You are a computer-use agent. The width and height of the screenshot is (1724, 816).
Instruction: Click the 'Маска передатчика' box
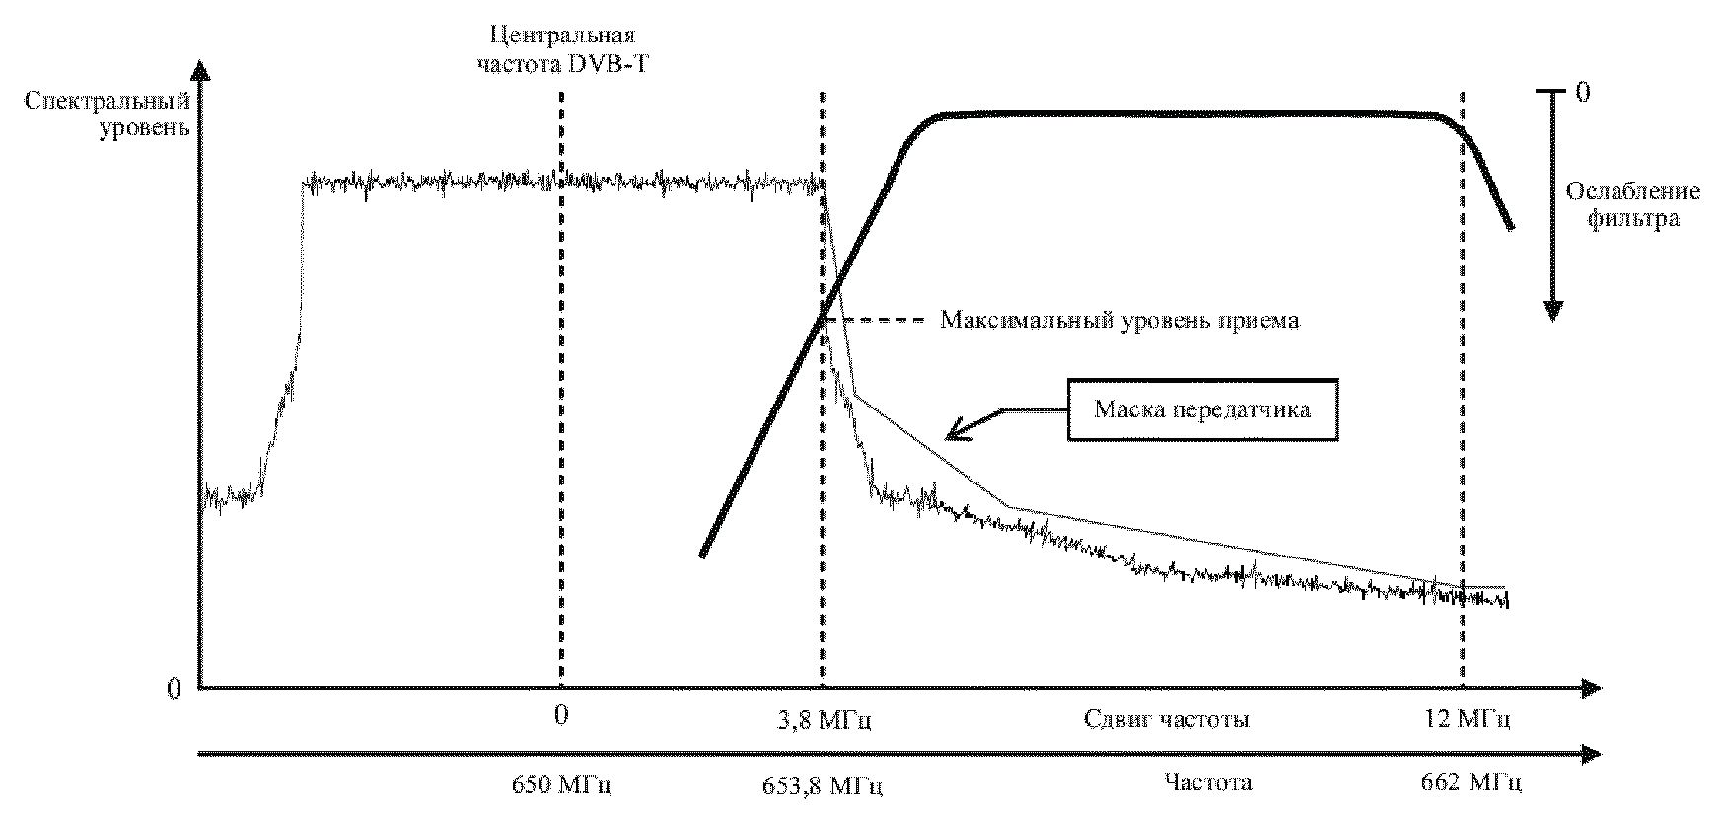tap(1201, 408)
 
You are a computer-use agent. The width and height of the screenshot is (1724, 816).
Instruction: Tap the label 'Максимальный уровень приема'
tap(1119, 320)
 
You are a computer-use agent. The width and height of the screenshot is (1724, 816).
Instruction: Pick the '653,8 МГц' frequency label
tap(823, 785)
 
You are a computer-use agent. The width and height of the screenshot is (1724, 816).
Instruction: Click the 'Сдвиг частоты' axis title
tap(1167, 719)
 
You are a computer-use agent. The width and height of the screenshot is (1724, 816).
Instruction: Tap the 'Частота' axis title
tap(1207, 783)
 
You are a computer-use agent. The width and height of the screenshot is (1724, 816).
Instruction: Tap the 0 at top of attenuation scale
tap(1583, 93)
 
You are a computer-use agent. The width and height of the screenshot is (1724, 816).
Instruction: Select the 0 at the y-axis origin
tap(175, 689)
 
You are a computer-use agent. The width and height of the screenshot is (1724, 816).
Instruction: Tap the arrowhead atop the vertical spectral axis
tap(200, 73)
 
